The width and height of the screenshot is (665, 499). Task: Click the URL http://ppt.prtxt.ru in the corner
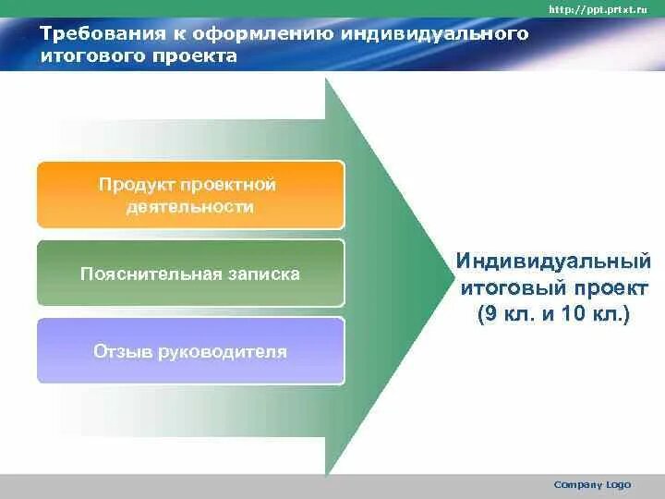pyautogui.click(x=598, y=9)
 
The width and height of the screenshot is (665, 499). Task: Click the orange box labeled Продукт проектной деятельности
pyautogui.click(x=191, y=195)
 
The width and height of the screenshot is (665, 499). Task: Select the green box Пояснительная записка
pyautogui.click(x=191, y=274)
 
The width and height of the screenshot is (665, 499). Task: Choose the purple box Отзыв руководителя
pyautogui.click(x=191, y=351)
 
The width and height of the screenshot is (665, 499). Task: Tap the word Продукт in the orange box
pyautogui.click(x=136, y=186)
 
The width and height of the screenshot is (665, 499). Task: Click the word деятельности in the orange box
pyautogui.click(x=190, y=207)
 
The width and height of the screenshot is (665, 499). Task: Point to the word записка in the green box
pyautogui.click(x=263, y=274)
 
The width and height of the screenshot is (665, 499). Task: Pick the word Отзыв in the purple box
pyautogui.click(x=122, y=352)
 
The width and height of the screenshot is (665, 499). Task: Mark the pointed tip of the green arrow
pyautogui.click(x=453, y=278)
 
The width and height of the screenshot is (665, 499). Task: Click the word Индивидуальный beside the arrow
pyautogui.click(x=553, y=261)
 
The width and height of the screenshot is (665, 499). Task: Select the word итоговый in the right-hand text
pyautogui.click(x=514, y=288)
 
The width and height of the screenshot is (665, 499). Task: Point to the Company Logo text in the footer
pyautogui.click(x=592, y=484)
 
